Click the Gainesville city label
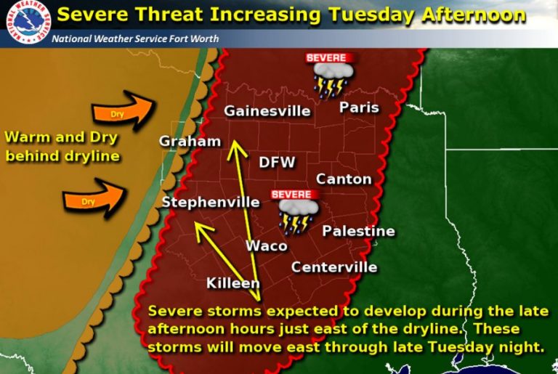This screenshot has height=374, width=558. tap(267, 111)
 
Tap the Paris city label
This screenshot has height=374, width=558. tap(360, 107)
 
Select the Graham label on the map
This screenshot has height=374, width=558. tap(189, 142)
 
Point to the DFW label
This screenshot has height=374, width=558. tap(277, 163)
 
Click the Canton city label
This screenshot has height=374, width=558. tap(344, 179)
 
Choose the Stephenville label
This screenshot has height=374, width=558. tap(211, 202)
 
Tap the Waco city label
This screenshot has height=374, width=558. tap(266, 245)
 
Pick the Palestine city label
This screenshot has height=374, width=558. tap(358, 231)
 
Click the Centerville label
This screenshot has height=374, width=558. tap(334, 267)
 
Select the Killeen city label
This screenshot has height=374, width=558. tap(232, 282)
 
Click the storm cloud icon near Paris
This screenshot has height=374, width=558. tap(331, 77)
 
